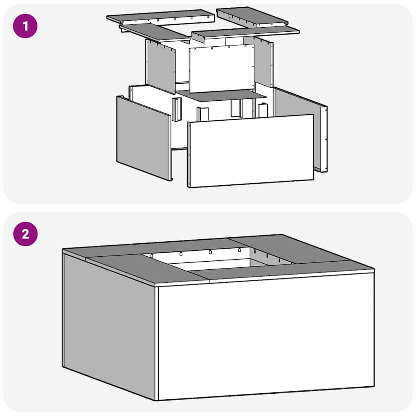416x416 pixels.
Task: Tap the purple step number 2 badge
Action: click(25, 234)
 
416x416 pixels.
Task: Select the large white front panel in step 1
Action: click(251, 151)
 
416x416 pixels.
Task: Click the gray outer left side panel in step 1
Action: click(143, 138)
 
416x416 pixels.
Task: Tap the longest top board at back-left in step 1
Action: click(160, 17)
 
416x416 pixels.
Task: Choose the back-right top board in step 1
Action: click(252, 16)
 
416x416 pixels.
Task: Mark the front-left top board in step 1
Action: click(154, 32)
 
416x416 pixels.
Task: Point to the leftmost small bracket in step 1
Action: click(177, 109)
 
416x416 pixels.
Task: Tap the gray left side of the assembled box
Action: click(109, 325)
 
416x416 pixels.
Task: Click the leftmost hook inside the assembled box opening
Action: click(152, 256)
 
